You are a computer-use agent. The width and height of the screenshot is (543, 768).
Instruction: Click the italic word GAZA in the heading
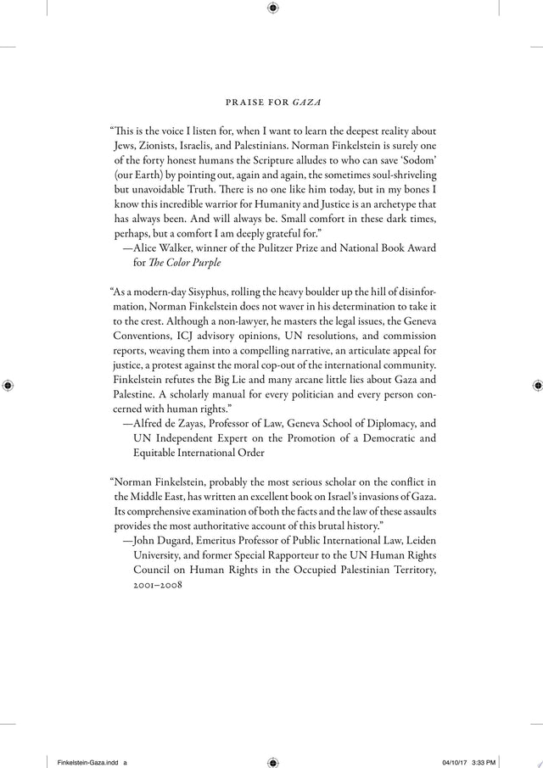coord(306,103)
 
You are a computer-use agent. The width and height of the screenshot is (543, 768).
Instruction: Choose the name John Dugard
coord(167,539)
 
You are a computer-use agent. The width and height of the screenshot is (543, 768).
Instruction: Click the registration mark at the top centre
coord(272,8)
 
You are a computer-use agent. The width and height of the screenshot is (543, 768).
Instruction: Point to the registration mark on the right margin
coord(536,384)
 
